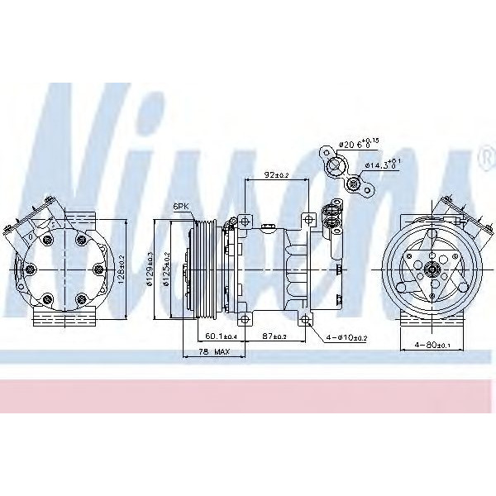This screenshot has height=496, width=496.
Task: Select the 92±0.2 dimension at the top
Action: (275, 175)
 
